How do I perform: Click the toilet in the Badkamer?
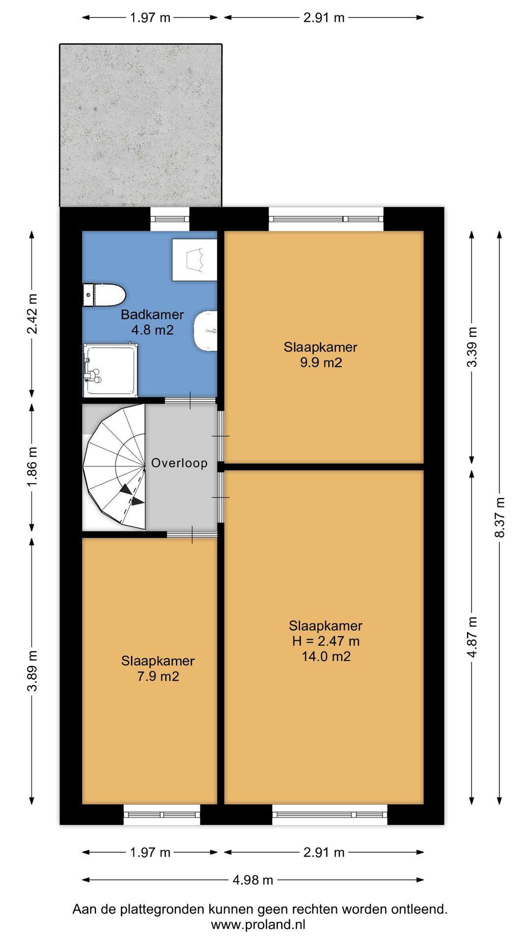[x=104, y=295]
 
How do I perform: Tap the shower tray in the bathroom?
[x=110, y=370]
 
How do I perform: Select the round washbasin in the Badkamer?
[x=206, y=331]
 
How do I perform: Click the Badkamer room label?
[x=152, y=315]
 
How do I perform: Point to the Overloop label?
[x=179, y=463]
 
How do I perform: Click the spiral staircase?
[x=114, y=467]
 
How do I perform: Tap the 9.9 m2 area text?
[x=321, y=363]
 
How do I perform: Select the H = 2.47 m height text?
[x=326, y=641]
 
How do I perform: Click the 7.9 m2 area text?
[x=158, y=677]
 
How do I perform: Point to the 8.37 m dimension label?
[x=500, y=517]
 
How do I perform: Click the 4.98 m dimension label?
[x=253, y=880]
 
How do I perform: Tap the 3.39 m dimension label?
[x=472, y=347]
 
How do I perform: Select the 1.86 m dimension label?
[x=32, y=467]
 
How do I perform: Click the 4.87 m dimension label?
[x=472, y=637]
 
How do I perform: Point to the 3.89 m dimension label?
[x=32, y=671]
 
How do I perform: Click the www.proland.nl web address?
[x=258, y=924]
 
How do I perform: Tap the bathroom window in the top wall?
[x=170, y=219]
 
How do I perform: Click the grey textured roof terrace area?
[x=141, y=125]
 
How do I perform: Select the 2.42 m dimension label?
[x=32, y=314]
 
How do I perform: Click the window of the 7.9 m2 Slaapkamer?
[x=162, y=815]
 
